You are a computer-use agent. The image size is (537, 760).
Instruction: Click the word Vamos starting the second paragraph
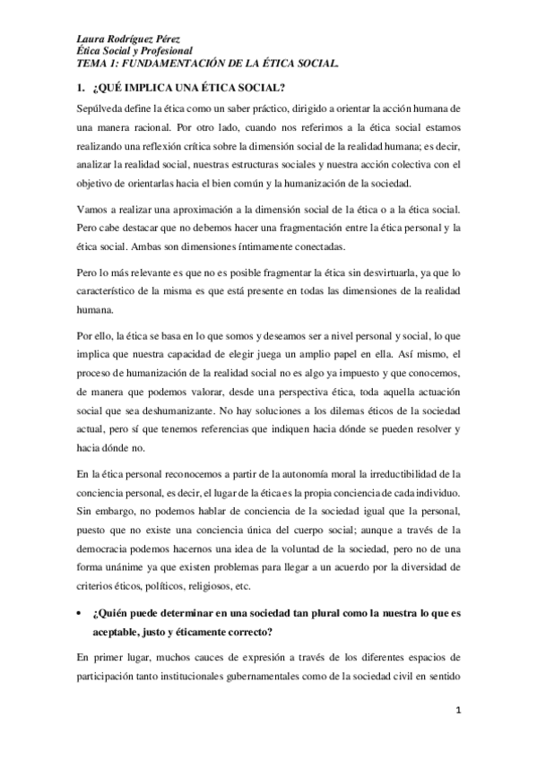point(91,209)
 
